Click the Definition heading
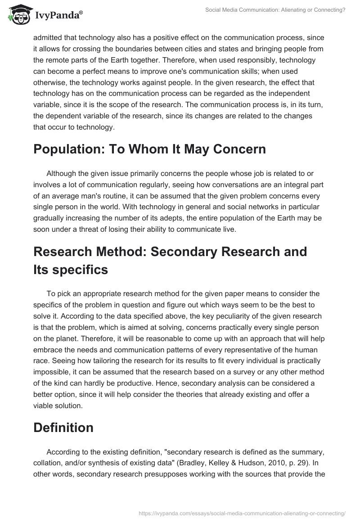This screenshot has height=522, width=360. (63, 427)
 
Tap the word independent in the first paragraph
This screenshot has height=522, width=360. (288, 94)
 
